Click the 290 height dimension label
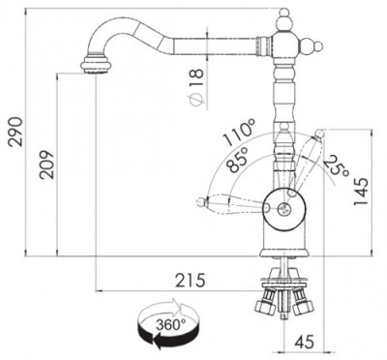tap(15, 132)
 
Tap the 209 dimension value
tap(46, 165)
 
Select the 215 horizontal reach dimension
tap(191, 280)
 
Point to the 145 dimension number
tap(361, 191)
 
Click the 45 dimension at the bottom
tap(304, 342)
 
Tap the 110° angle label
tap(240, 132)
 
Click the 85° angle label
tap(237, 160)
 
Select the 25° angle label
tap(336, 165)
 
